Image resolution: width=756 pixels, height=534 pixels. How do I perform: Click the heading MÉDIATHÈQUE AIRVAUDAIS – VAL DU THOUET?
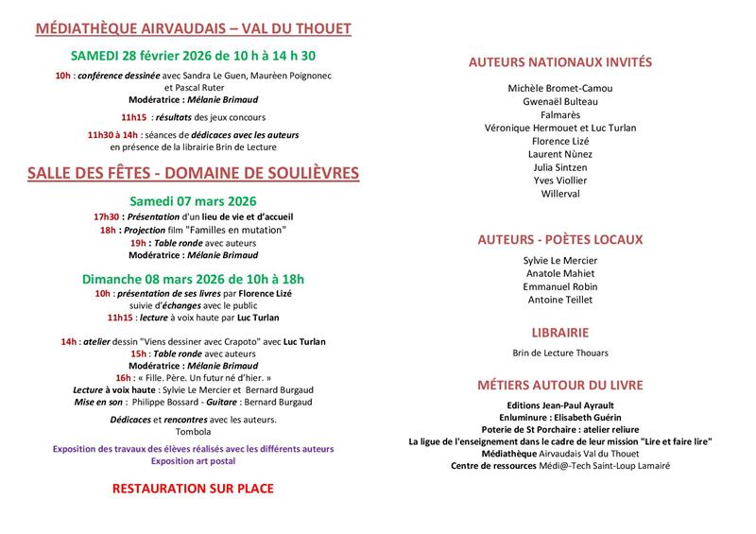click(193, 29)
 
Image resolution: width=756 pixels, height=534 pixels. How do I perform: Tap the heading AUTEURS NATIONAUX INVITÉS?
click(560, 63)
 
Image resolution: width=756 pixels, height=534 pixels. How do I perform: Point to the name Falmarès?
click(560, 114)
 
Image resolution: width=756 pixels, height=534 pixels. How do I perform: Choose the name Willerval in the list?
click(560, 194)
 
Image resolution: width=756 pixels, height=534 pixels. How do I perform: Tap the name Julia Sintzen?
click(560, 167)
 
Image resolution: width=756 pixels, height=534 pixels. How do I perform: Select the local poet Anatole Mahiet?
click(560, 273)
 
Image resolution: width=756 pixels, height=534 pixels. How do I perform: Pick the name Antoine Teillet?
click(560, 300)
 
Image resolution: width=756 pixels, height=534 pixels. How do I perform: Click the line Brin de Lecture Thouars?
click(560, 353)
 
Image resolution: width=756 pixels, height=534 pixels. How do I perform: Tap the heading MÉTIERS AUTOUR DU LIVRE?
click(560, 385)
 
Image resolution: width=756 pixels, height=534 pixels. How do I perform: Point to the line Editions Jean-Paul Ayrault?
click(560, 404)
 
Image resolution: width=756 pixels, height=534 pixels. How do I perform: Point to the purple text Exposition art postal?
click(193, 461)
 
